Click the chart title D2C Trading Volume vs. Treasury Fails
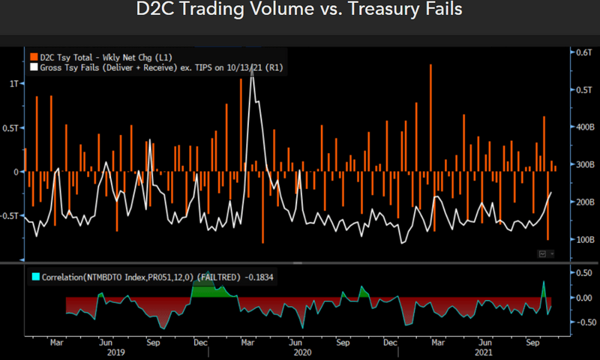(299, 10)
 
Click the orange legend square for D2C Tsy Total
(32, 56)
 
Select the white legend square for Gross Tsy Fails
(32, 67)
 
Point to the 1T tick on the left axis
(13, 83)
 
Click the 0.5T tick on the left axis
(10, 127)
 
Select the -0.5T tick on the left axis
(10, 215)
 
